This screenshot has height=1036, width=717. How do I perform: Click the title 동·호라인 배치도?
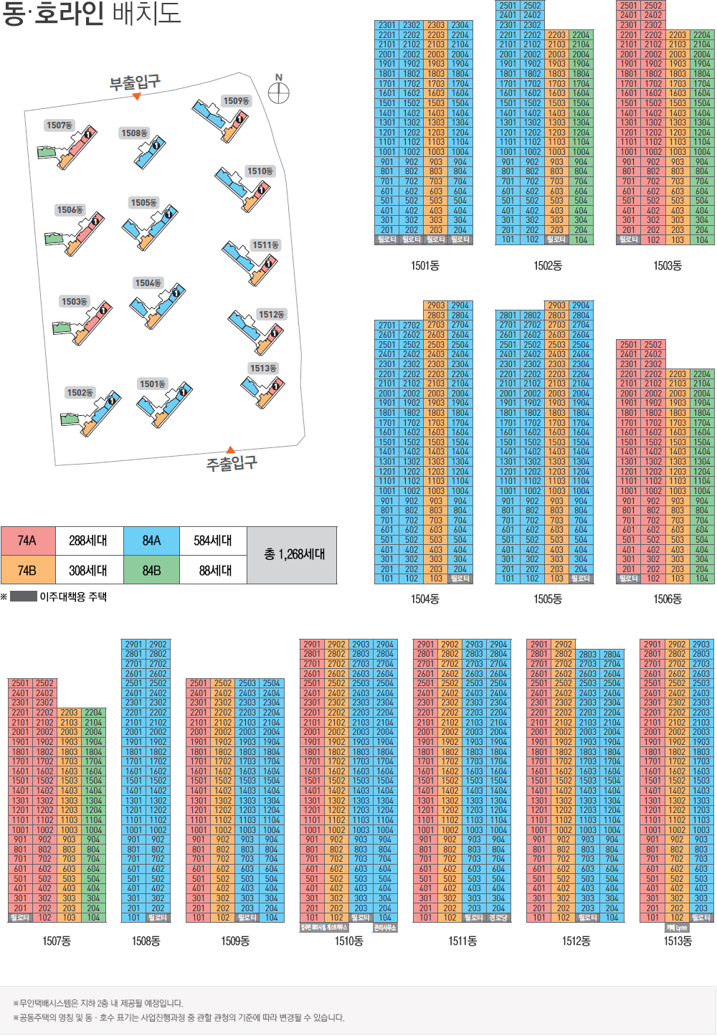tap(91, 14)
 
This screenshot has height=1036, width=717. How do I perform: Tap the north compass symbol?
tap(278, 92)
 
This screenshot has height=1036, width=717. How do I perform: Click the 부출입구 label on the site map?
tap(135, 82)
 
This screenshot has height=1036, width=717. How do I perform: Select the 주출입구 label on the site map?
tap(232, 463)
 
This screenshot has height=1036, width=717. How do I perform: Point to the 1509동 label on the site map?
tap(236, 101)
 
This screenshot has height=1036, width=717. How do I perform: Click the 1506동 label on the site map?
tap(70, 210)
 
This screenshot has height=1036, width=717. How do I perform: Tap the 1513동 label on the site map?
tap(263, 368)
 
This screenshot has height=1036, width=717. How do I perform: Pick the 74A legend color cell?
tap(27, 540)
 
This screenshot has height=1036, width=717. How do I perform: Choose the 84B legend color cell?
tap(151, 570)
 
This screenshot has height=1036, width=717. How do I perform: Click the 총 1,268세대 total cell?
tap(294, 554)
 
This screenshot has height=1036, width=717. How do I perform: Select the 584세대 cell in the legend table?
tap(213, 540)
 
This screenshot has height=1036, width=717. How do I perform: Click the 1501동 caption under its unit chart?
tap(424, 266)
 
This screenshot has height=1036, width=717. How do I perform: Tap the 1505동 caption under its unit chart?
tap(547, 599)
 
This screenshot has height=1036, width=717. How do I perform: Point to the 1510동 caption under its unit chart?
tap(348, 941)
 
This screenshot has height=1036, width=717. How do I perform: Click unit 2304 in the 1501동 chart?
tap(460, 25)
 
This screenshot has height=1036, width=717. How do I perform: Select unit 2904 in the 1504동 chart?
tap(460, 305)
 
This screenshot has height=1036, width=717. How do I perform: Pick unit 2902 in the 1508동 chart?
tap(158, 645)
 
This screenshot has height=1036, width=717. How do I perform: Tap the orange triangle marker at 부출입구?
tap(137, 96)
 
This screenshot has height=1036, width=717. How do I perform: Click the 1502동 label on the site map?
tap(80, 393)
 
